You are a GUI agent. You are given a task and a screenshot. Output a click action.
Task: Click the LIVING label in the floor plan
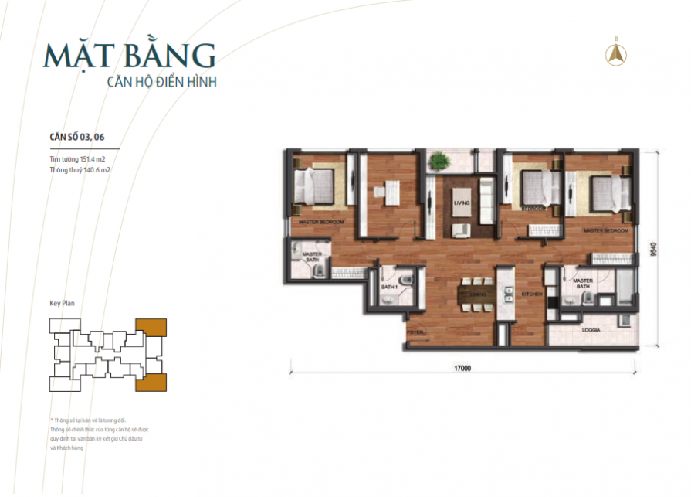tap(462, 203)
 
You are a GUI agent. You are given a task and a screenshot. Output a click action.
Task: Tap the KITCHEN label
tap(532, 294)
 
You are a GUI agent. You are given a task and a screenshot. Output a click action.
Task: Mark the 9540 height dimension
tap(654, 249)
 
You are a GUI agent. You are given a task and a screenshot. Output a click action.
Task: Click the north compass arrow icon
tap(617, 53)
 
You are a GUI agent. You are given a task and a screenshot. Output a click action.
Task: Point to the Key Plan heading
tap(63, 304)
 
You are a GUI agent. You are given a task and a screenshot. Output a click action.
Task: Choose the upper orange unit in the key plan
tap(151, 328)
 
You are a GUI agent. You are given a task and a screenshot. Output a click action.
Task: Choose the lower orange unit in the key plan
tap(151, 382)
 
